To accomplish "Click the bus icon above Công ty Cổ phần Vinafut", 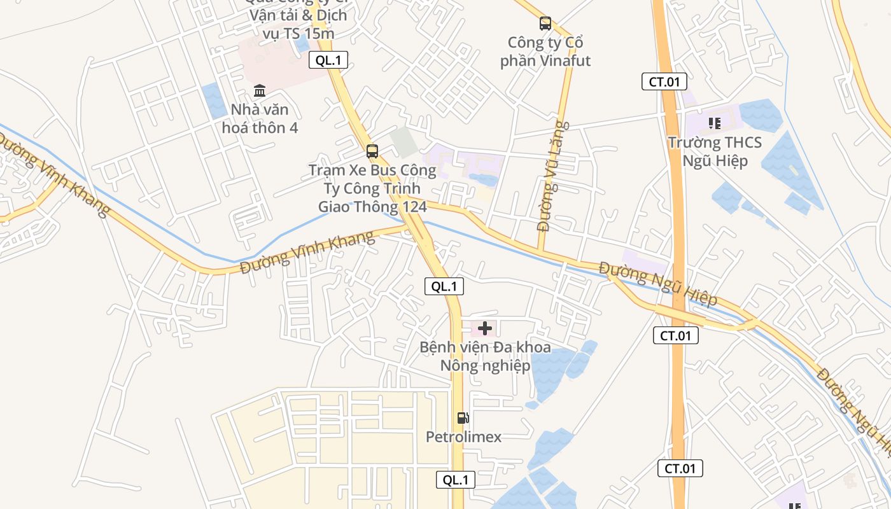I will pyautogui.click(x=545, y=24).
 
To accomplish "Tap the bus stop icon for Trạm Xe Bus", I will pyautogui.click(x=372, y=151).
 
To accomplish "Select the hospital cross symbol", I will pyautogui.click(x=485, y=328).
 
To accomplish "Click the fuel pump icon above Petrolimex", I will pyautogui.click(x=463, y=418).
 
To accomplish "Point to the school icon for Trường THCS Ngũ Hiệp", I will pyautogui.click(x=714, y=123).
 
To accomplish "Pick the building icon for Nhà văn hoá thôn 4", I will pyautogui.click(x=260, y=90).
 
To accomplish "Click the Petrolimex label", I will pyautogui.click(x=463, y=437).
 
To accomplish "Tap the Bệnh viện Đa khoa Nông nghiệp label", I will pyautogui.click(x=485, y=356).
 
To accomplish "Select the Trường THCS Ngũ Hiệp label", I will pyautogui.click(x=715, y=151).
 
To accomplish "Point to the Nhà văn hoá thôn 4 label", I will pyautogui.click(x=260, y=118).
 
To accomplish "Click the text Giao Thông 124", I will pyautogui.click(x=372, y=207).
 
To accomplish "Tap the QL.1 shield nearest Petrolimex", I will pyautogui.click(x=456, y=480).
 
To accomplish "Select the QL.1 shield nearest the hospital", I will pyautogui.click(x=444, y=286).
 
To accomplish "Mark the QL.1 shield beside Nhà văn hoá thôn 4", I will pyautogui.click(x=328, y=60).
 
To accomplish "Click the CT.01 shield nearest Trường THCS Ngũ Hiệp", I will pyautogui.click(x=664, y=81).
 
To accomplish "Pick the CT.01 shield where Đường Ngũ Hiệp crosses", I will pyautogui.click(x=676, y=335).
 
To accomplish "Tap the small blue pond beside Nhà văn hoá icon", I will pyautogui.click(x=214, y=101).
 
